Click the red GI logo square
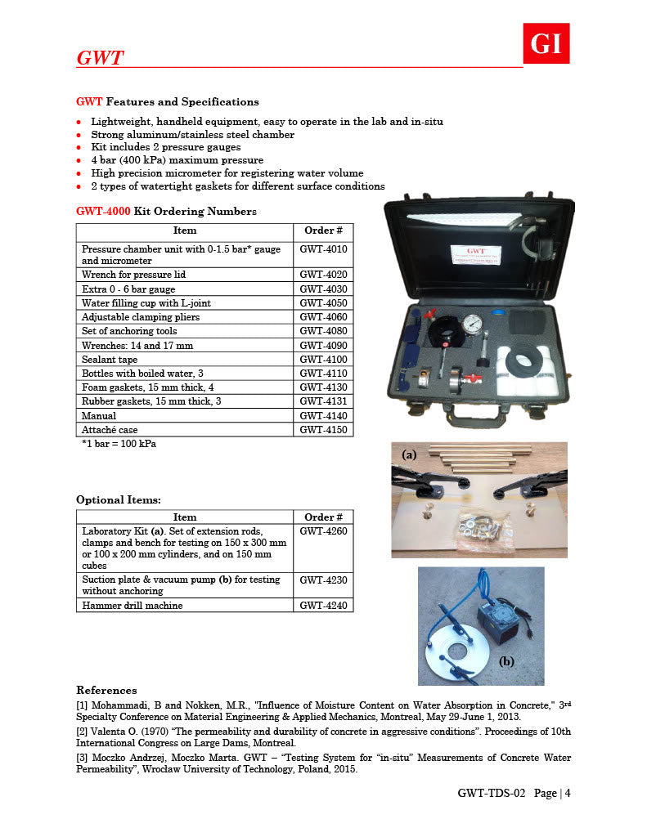pos(546,43)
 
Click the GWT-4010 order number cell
pos(323,248)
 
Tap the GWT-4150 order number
pos(323,429)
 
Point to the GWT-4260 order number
pos(323,531)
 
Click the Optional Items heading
pos(119,499)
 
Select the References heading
pos(106,691)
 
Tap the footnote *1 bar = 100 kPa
pos(119,444)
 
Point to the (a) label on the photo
pos(410,453)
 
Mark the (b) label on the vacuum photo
pos(506,660)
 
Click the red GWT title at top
pos(100,58)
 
